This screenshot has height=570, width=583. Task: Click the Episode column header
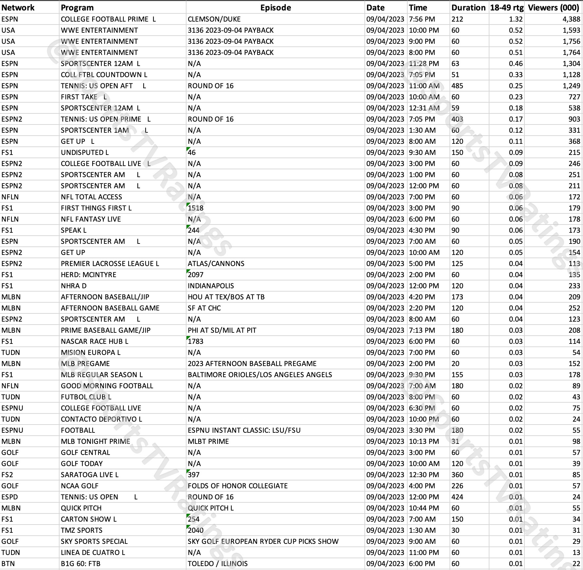tap(275, 8)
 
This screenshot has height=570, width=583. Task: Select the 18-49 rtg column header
tap(506, 8)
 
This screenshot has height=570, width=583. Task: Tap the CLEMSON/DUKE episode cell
tap(214, 19)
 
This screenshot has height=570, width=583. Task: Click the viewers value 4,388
tap(571, 19)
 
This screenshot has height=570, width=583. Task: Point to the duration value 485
tap(457, 86)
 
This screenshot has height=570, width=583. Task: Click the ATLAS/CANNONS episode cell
tap(216, 264)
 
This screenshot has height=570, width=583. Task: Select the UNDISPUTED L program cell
tap(85, 153)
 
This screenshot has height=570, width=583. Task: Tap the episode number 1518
tap(196, 208)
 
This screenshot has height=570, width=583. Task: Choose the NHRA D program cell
tap(74, 286)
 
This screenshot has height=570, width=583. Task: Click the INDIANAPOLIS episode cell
tap(211, 286)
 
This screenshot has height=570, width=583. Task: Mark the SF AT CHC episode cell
tap(204, 308)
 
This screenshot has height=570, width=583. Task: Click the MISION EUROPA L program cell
tap(91, 353)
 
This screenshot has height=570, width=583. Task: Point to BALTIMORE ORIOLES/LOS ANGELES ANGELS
tap(260, 375)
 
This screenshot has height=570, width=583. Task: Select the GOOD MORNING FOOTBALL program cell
tap(107, 386)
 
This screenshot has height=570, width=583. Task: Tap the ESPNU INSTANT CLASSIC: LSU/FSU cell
tap(244, 430)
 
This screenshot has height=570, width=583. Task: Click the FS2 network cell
tap(7, 475)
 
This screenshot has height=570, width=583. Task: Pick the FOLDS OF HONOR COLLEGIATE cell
tap(238, 486)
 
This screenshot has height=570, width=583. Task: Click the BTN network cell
tap(8, 564)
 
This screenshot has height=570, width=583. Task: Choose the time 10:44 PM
tap(424, 508)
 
